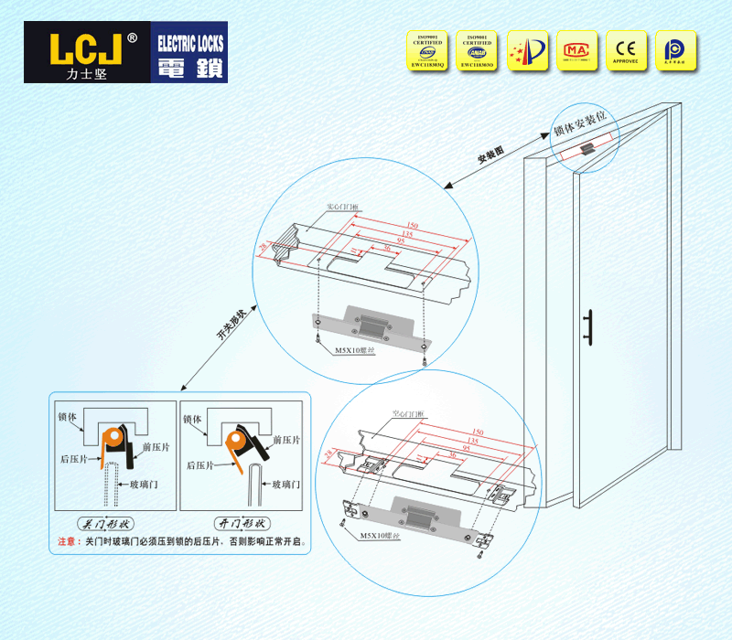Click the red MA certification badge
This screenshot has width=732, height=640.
click(576, 50)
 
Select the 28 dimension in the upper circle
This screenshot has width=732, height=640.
click(264, 246)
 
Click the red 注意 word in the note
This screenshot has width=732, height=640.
click(69, 541)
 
